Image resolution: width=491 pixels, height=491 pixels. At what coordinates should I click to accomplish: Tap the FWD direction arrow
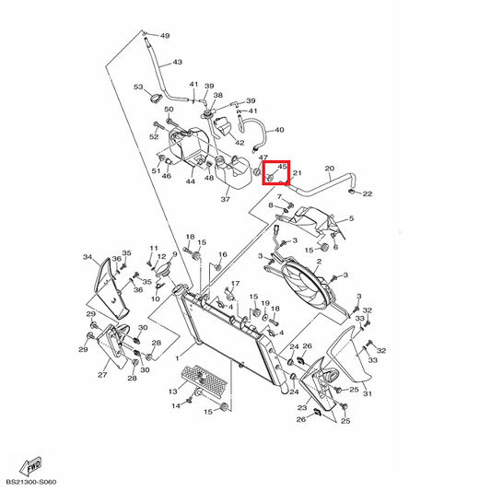click(30, 466)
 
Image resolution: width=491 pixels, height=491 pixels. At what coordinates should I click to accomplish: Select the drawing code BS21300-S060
click(31, 482)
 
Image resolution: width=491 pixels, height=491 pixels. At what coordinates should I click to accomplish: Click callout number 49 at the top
click(165, 36)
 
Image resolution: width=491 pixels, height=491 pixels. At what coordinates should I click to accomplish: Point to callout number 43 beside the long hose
click(177, 62)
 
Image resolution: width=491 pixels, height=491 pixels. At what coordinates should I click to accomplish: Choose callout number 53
click(138, 87)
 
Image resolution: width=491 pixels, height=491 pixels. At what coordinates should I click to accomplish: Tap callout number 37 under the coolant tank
click(226, 199)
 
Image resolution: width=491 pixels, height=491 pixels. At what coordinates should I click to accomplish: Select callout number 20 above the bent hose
click(330, 169)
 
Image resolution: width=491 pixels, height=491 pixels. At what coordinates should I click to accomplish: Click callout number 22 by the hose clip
click(368, 193)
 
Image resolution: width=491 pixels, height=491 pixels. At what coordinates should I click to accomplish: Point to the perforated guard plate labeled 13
click(205, 380)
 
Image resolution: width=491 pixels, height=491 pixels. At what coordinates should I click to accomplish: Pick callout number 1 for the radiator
click(177, 358)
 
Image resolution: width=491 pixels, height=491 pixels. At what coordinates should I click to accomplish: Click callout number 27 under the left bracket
click(102, 375)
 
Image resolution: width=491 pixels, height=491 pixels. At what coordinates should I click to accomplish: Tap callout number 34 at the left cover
click(88, 257)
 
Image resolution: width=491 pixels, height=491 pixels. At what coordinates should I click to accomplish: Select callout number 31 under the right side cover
click(368, 393)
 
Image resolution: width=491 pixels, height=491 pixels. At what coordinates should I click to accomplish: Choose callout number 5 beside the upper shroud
click(351, 218)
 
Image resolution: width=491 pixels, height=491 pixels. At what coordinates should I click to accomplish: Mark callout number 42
click(240, 143)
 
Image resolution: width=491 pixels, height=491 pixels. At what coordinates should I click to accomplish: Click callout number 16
click(223, 254)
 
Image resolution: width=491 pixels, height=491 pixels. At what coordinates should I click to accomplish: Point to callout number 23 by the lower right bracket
click(302, 407)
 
